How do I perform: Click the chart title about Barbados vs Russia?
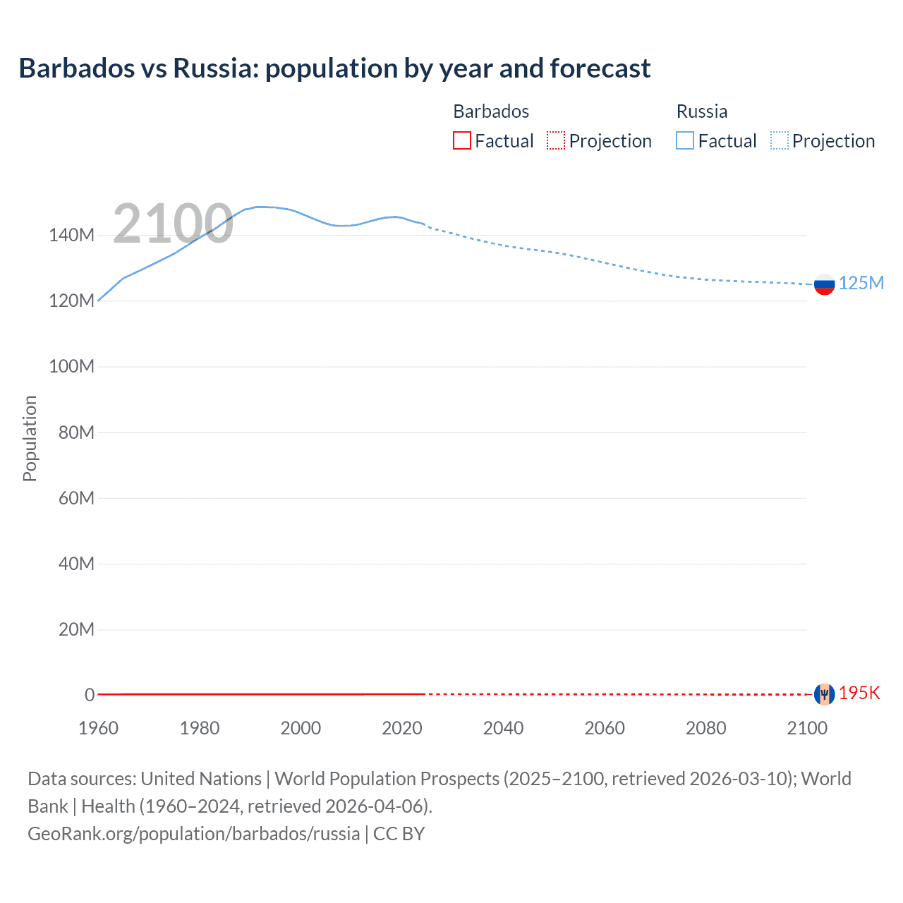[334, 68]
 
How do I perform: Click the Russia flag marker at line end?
[824, 284]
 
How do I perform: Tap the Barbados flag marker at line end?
[824, 694]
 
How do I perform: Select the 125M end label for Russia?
[861, 283]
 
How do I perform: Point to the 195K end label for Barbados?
[859, 693]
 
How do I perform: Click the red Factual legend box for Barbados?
[462, 141]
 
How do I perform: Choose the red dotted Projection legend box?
[556, 141]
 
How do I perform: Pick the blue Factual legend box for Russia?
[685, 141]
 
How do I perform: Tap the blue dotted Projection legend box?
[780, 141]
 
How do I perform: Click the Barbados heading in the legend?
[491, 111]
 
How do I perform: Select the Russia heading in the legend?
[702, 111]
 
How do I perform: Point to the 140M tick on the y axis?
[71, 236]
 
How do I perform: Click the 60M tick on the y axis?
[76, 498]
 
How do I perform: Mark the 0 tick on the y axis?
[90, 695]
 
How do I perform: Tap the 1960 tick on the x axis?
[98, 728]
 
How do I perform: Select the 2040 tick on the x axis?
[503, 728]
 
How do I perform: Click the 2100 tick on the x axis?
[807, 728]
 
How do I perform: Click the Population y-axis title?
[30, 438]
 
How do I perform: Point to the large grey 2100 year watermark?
[173, 224]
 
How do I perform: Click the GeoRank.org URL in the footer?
[193, 834]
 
